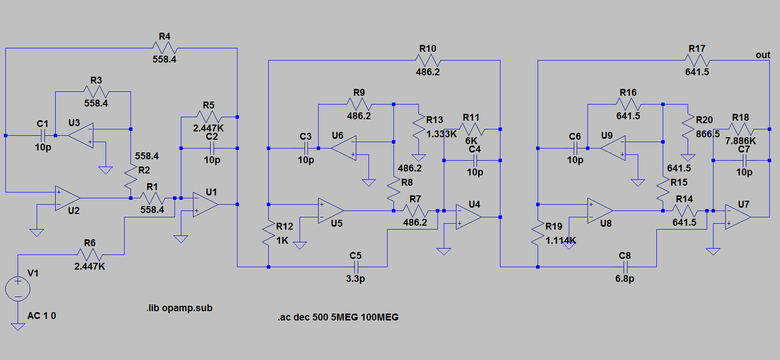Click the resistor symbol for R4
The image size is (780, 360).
coord(165,48)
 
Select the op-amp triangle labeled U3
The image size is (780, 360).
coord(81,136)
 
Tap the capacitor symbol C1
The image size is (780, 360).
coord(43,136)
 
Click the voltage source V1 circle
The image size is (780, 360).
coord(18,289)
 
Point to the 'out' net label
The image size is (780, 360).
coord(762,55)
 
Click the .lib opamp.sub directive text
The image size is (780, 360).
coord(179,308)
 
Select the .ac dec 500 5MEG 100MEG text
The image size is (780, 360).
coord(338,318)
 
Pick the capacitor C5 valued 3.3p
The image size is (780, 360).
coord(356,267)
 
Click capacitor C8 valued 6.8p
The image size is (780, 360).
coord(625,267)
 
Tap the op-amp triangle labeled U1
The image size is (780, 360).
coord(205,204)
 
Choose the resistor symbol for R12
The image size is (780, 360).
coord(269,233)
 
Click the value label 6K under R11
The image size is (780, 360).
coord(471,141)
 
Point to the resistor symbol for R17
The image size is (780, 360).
coord(697,60)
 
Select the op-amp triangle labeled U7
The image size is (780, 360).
coord(737,217)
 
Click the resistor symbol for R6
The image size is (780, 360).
coord(90,254)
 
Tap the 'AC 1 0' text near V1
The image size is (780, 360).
coord(42,316)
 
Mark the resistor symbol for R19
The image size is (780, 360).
coord(538,233)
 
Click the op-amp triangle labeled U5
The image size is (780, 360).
coord(330,211)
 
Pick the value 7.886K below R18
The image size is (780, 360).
coord(740,141)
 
